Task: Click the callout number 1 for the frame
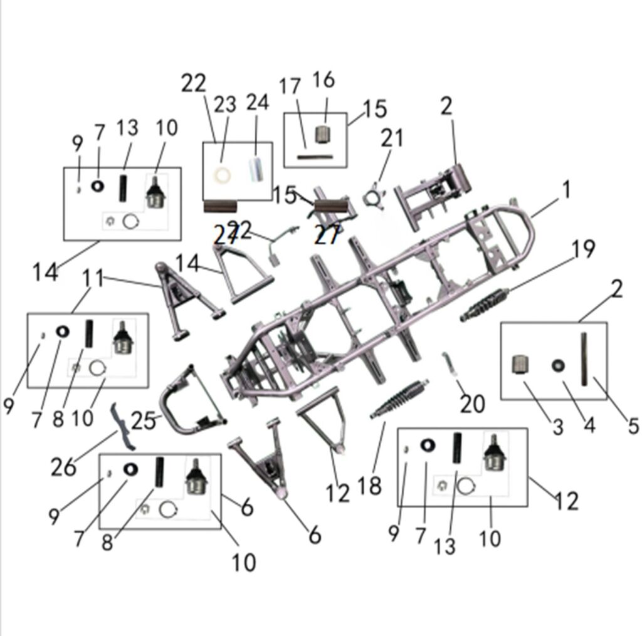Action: [x=566, y=190]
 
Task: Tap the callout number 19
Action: [x=582, y=249]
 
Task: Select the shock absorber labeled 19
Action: [x=485, y=305]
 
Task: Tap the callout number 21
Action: [x=392, y=138]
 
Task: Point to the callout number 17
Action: [x=290, y=87]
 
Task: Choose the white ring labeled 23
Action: [x=222, y=174]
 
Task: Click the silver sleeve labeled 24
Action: [x=256, y=170]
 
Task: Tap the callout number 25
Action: [x=143, y=420]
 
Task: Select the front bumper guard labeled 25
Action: [x=188, y=401]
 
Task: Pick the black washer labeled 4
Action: [x=556, y=365]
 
